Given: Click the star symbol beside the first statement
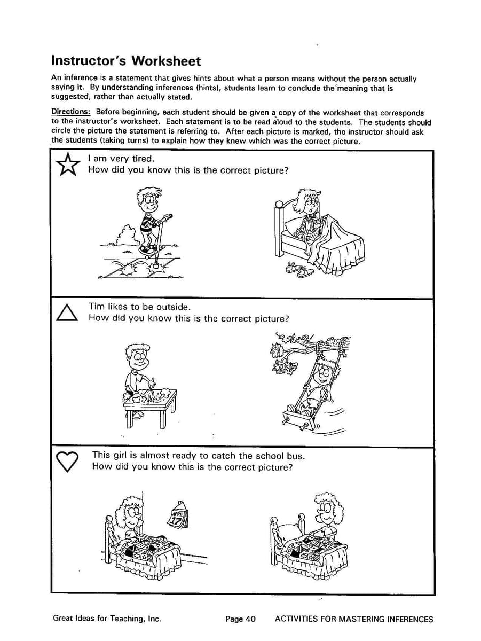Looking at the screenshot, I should (x=67, y=164).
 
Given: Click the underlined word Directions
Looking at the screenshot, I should (x=71, y=113).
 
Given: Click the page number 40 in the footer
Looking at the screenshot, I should (x=250, y=620).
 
